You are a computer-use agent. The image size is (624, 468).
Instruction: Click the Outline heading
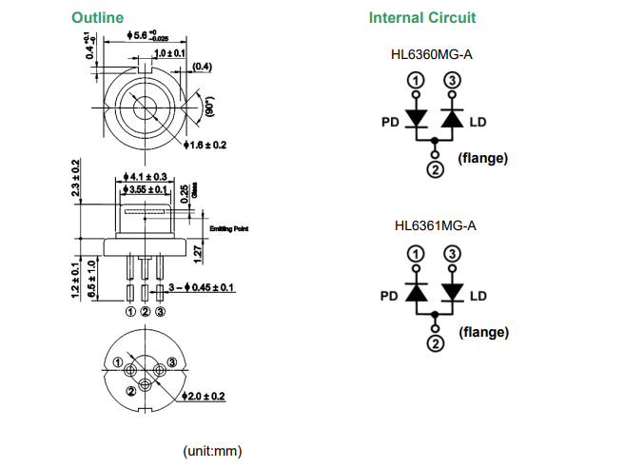[x=98, y=17]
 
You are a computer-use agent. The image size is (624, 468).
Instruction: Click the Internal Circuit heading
[x=422, y=17]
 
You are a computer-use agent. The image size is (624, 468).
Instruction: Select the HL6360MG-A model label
[x=434, y=54]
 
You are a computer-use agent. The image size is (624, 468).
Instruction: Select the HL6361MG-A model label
[x=434, y=226]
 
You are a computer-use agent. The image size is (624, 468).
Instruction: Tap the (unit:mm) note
[x=212, y=450]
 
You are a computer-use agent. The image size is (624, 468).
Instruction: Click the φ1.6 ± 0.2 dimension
[x=205, y=145]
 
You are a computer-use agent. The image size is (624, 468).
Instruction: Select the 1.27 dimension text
[x=196, y=253]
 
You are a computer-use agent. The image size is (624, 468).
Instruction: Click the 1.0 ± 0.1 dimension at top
[x=169, y=53]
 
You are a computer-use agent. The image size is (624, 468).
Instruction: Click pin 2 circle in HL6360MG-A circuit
[x=435, y=169]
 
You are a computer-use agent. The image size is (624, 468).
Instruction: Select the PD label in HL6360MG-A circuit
[x=389, y=122]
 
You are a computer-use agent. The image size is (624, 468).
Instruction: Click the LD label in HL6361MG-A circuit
[x=478, y=296]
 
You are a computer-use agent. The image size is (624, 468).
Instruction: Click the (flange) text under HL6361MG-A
[x=483, y=332]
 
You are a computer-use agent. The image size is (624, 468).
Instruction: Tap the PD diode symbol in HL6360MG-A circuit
[x=417, y=119]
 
